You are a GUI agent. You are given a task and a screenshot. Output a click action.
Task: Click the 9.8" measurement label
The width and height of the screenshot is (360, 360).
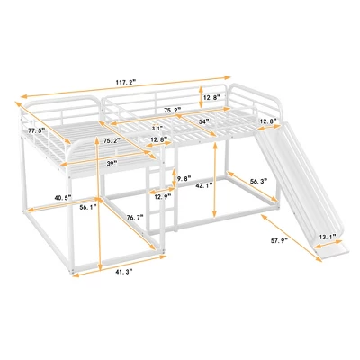(x=182, y=177)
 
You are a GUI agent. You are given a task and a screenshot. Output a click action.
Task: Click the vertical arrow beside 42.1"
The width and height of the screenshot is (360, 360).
(x=214, y=184)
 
